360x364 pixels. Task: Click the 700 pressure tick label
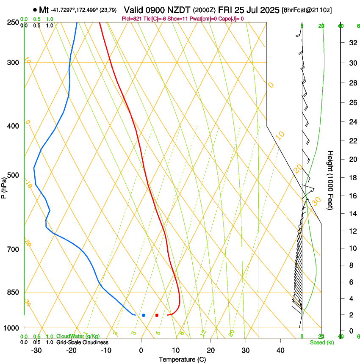14,249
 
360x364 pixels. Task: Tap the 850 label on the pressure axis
14,292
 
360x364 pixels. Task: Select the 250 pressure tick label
14,22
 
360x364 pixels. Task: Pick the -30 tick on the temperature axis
36,350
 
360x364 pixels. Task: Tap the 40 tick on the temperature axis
280,350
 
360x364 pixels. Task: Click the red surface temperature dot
157,315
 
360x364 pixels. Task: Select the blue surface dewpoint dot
144,315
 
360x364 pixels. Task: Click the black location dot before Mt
34,9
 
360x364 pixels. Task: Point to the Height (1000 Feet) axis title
331,180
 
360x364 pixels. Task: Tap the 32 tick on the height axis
352,42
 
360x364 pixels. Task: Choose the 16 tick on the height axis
352,196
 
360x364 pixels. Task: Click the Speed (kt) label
321,342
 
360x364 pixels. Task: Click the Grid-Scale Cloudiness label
82,342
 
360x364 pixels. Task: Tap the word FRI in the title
225,9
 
